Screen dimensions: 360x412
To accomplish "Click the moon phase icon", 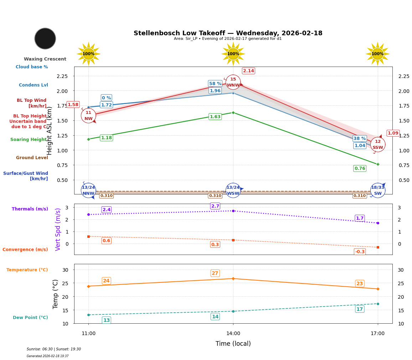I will click(45, 38).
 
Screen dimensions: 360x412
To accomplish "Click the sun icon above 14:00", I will click(233, 54).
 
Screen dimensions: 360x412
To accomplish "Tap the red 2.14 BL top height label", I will click(248, 71).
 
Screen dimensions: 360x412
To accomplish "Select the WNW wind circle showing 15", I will click(233, 82).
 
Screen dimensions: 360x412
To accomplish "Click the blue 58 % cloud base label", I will click(215, 83).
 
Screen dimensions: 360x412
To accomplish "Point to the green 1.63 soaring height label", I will click(215, 116).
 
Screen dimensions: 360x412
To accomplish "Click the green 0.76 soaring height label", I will click(360, 168).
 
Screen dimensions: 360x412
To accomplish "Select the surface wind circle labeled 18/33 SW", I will click(378, 191).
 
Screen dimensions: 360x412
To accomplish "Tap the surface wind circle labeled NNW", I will click(88, 191).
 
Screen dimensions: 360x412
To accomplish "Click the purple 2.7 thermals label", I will click(215, 206).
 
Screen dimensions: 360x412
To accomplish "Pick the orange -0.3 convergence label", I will click(360, 252).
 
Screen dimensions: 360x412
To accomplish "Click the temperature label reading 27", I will click(215, 273).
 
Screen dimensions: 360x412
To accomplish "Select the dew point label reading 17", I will click(360, 309).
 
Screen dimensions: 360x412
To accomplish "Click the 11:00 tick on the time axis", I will click(88, 334).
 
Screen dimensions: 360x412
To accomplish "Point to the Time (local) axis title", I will click(233, 344).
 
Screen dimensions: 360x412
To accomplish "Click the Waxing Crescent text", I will click(45, 59).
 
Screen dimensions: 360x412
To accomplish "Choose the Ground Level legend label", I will click(32, 158).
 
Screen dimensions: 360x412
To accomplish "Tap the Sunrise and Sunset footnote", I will click(54, 349).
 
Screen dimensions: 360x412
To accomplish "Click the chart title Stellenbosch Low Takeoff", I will click(228, 33).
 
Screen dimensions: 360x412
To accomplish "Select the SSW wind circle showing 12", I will click(378, 145).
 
